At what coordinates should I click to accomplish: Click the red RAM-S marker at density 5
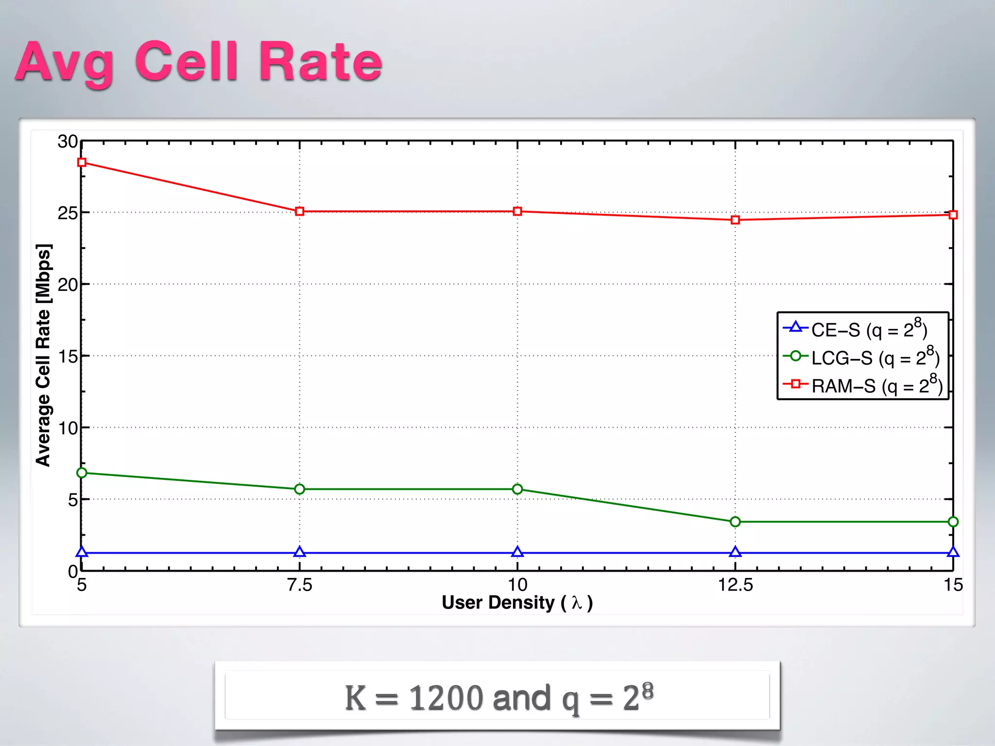pos(82,162)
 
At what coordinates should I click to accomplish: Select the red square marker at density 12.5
pos(735,220)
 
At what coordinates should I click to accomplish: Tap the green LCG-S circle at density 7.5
pos(300,489)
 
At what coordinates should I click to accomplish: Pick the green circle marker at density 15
pos(953,522)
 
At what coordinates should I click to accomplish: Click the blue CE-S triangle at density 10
pos(517,552)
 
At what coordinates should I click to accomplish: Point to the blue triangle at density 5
pos(82,552)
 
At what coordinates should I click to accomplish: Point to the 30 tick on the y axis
pos(68,142)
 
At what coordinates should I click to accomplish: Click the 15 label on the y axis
pos(68,356)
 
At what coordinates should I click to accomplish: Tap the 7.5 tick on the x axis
pos(299,585)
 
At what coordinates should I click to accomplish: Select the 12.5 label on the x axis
pos(735,585)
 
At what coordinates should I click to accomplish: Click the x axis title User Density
pos(517,603)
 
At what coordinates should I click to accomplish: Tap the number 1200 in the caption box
pos(446,698)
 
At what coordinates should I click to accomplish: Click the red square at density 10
pos(517,211)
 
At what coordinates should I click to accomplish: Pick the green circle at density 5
pos(82,473)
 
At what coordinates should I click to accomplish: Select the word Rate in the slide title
pos(321,62)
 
